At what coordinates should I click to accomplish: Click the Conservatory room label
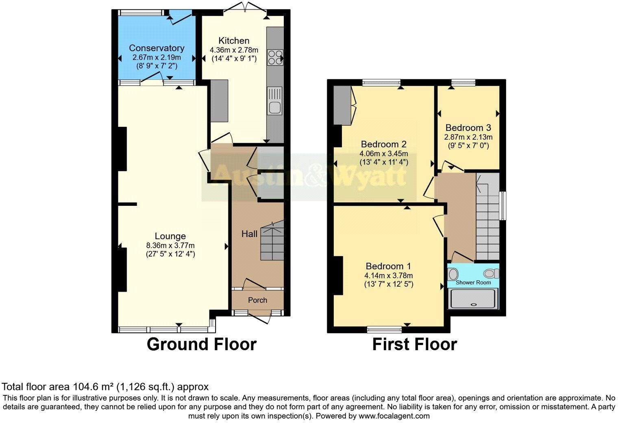[157, 48]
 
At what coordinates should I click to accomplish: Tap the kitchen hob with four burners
[275, 57]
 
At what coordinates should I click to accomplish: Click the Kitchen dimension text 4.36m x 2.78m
[234, 50]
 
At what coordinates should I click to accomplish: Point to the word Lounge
[170, 236]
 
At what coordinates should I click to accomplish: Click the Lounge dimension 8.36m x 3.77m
[170, 245]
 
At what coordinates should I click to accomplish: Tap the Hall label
[249, 234]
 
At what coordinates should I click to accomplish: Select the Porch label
[257, 300]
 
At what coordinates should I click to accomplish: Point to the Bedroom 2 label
[383, 144]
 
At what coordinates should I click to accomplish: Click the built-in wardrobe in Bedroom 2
[342, 105]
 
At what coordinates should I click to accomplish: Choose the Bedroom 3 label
[468, 128]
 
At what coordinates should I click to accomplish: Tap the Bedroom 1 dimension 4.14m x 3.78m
[388, 275]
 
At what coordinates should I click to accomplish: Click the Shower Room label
[473, 282]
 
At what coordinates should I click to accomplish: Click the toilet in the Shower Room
[492, 273]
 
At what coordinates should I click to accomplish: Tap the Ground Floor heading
[201, 344]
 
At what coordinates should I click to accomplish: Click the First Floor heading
[414, 344]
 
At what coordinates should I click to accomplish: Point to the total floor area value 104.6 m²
[94, 386]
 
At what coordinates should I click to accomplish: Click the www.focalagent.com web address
[394, 416]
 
